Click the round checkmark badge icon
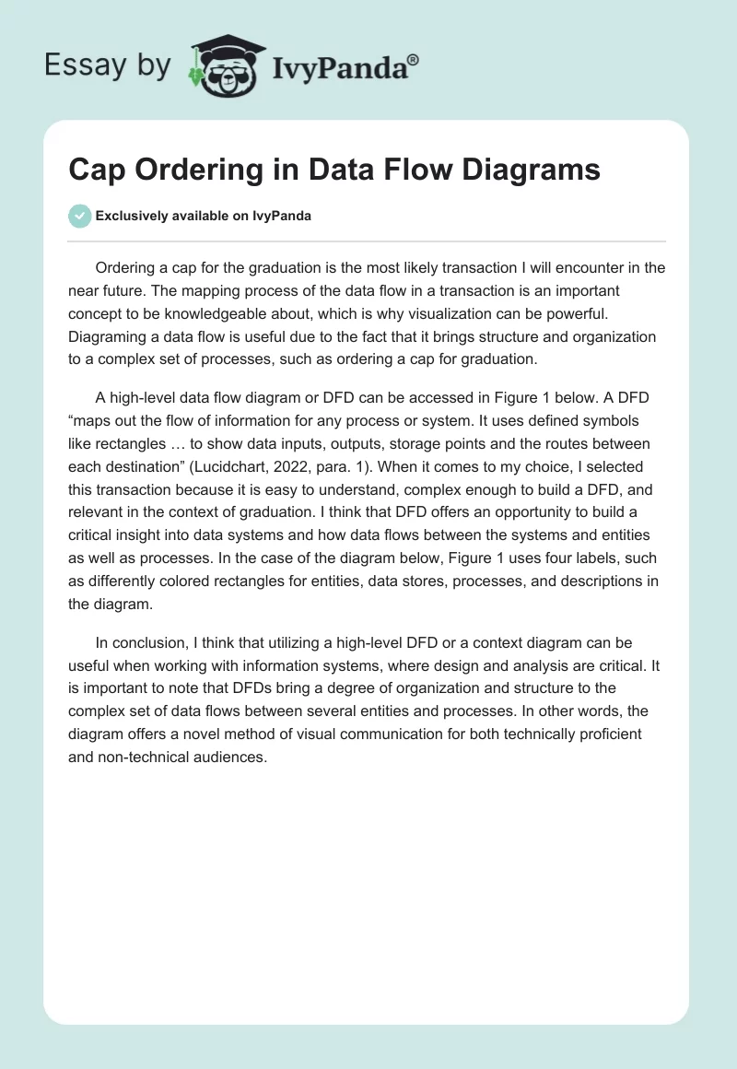point(79,216)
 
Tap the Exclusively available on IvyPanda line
point(204,217)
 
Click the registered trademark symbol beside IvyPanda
point(414,59)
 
